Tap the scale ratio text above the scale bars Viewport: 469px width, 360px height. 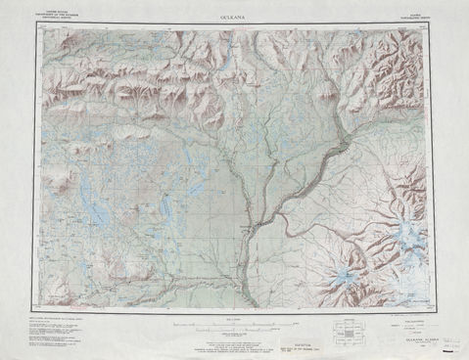233,318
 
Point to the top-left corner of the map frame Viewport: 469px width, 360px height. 36,24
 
